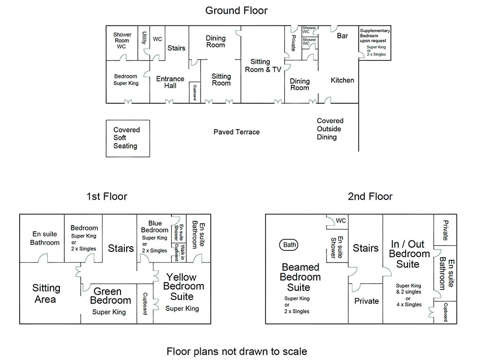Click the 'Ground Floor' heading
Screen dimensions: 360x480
tap(236, 10)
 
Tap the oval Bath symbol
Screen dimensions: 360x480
tap(290, 245)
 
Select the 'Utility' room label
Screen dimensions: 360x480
tap(144, 38)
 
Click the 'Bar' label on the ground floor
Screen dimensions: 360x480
tap(342, 36)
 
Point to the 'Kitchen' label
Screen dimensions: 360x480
tap(342, 80)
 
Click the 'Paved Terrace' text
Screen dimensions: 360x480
tap(236, 132)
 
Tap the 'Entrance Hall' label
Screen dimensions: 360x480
tap(170, 82)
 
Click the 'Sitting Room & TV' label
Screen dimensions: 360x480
tap(263, 65)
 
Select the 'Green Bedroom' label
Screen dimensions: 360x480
tap(110, 296)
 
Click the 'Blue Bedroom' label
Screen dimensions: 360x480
tap(155, 227)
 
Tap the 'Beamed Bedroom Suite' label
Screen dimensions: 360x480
tap(300, 277)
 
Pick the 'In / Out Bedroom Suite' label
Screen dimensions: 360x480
tap(409, 254)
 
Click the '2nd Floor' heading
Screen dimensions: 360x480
tap(370, 196)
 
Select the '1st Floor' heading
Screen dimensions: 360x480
tap(107, 196)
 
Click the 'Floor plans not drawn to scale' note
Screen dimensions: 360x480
tap(237, 351)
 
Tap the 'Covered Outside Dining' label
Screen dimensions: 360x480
tap(330, 129)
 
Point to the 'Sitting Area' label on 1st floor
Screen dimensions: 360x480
tap(46, 294)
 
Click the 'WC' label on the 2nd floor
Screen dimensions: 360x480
tap(341, 221)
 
